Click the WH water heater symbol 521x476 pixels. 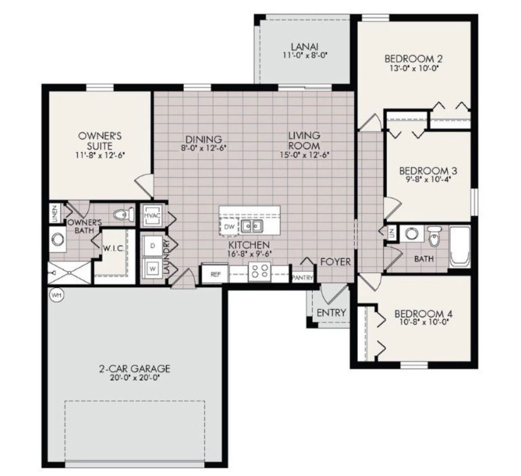58,295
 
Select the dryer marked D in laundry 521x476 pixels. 152,245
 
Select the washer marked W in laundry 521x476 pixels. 152,268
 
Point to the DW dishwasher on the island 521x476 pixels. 230,227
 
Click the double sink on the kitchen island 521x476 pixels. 252,226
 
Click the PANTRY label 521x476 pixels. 302,277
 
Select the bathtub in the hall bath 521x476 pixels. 460,246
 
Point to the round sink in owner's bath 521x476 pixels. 58,240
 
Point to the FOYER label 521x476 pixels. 335,262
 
